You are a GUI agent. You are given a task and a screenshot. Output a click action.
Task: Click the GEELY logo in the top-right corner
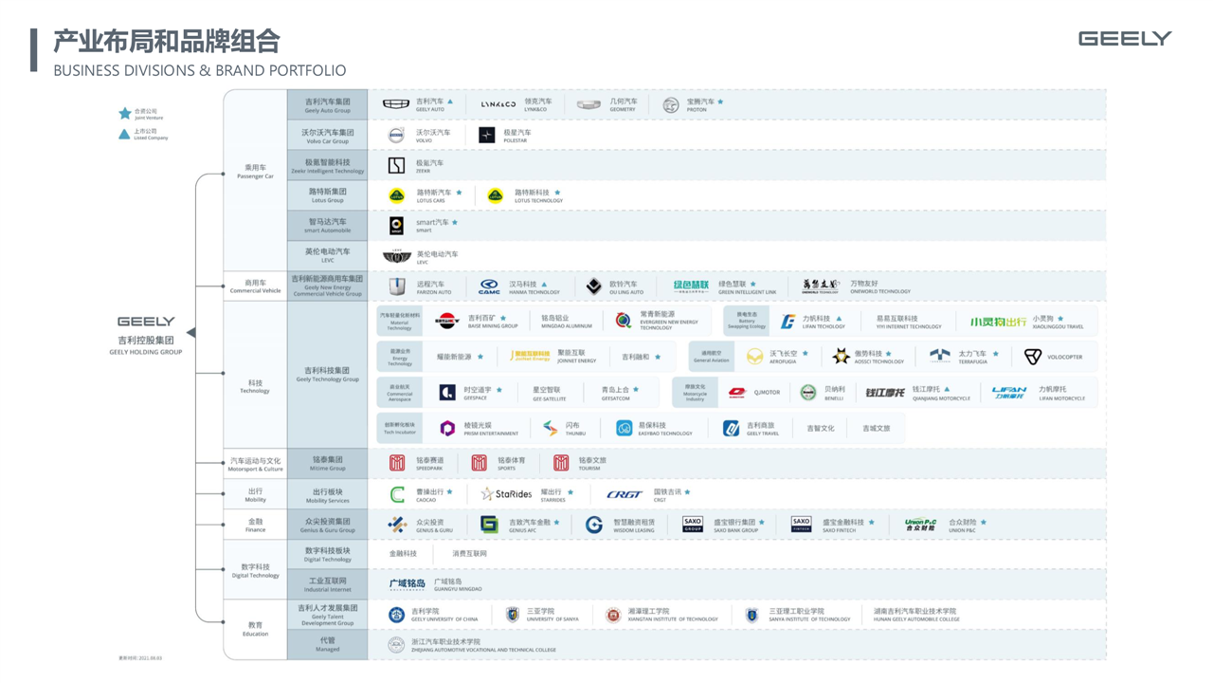tap(1125, 38)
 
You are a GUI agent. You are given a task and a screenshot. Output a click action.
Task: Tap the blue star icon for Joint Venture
tap(124, 114)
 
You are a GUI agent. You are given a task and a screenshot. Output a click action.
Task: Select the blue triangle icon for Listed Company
tap(124, 135)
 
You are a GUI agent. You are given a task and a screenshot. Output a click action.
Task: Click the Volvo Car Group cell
tap(327, 136)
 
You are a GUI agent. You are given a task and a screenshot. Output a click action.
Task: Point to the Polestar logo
tap(487, 136)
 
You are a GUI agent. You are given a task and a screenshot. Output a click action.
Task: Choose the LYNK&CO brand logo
tap(498, 104)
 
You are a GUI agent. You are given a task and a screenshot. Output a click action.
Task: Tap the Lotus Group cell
tap(327, 195)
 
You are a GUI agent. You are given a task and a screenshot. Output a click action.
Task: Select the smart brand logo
tap(397, 226)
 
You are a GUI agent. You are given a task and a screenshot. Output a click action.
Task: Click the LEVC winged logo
tap(397, 256)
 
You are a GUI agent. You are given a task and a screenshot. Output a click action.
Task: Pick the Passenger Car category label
tap(255, 172)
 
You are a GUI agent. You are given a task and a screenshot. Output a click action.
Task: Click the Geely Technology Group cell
tap(327, 374)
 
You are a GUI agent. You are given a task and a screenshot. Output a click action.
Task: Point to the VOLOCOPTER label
tap(1064, 358)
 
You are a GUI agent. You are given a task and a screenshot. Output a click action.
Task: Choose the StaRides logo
tap(507, 494)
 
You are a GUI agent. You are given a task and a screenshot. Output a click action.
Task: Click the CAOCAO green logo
tap(398, 494)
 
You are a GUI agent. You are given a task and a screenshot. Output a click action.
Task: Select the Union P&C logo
tap(920, 524)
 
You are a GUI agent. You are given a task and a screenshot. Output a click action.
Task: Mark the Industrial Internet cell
tap(327, 583)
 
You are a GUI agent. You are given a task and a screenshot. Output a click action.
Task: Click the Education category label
tap(255, 628)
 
